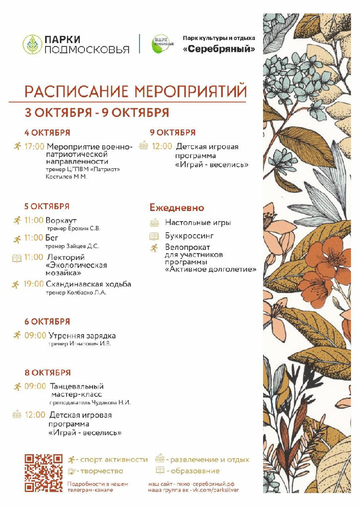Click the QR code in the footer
(44, 473)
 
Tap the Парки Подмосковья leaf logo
(32, 44)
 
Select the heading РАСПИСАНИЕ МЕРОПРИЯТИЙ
(135, 91)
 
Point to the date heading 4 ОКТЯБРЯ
(48, 133)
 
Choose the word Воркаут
(61, 221)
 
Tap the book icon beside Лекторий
(17, 258)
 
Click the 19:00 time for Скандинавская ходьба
(34, 284)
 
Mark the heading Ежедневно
(177, 208)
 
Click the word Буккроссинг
(189, 236)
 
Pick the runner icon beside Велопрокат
(154, 248)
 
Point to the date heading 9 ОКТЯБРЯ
(173, 133)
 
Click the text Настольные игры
(198, 223)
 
